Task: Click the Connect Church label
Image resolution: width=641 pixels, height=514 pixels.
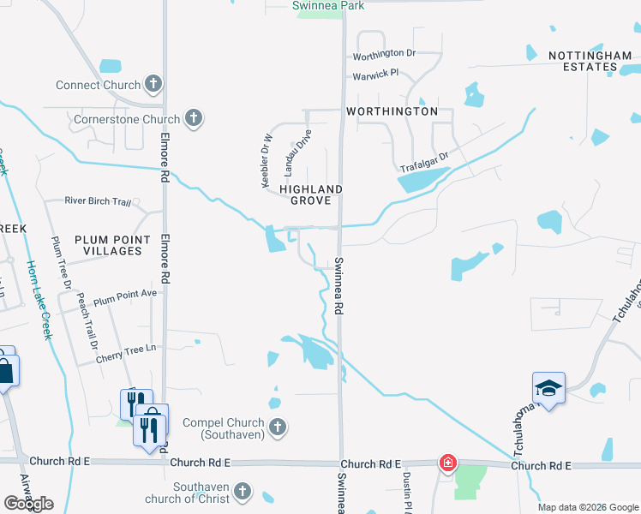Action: (x=98, y=85)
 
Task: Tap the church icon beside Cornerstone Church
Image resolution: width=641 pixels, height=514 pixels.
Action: (x=195, y=119)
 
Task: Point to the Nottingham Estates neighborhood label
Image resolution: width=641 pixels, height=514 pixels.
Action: (x=590, y=63)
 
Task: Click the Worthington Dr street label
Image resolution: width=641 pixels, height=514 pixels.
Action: (x=384, y=53)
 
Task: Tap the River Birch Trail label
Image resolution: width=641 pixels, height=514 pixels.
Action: (x=98, y=201)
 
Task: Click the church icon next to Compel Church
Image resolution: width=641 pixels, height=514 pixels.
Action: (x=277, y=427)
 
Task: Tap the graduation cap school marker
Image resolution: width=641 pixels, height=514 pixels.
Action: (x=548, y=389)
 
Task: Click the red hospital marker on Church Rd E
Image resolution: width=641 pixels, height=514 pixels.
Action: (x=447, y=463)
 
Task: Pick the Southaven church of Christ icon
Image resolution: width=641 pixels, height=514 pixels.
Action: (x=243, y=492)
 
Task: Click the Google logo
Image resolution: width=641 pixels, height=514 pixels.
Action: (x=29, y=503)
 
